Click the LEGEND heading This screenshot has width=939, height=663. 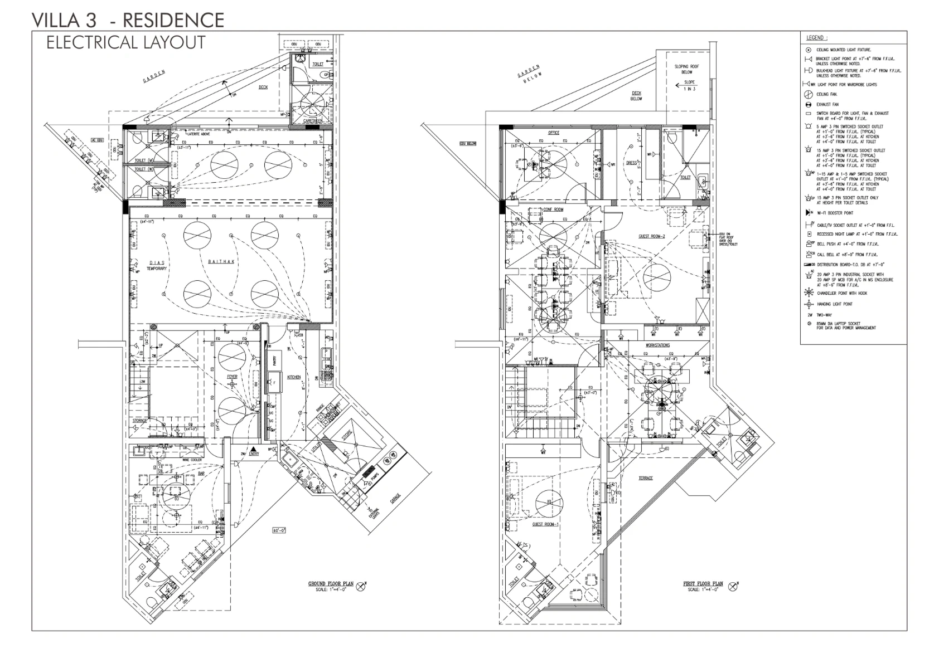point(817,38)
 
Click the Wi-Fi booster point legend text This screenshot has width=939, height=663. point(835,213)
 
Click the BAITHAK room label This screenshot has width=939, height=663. point(221,261)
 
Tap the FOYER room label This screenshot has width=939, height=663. point(232,377)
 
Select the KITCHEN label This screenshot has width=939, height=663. point(294,377)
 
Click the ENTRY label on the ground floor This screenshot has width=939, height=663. point(254,454)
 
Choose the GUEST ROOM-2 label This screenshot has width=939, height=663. point(652,237)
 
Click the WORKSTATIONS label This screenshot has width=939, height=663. point(657,345)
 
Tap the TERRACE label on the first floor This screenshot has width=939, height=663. point(646,478)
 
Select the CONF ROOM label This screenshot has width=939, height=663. point(553,209)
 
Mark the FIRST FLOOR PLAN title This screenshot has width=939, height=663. point(703,584)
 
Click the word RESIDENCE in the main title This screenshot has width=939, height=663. point(173,20)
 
